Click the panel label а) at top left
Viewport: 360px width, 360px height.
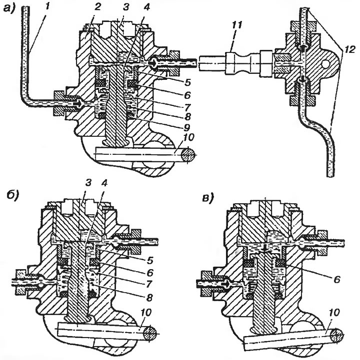[x=8, y=8]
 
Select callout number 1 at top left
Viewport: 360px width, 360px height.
[x=47, y=6]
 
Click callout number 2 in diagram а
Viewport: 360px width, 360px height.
[x=97, y=7]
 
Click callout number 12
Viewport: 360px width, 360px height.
[x=349, y=49]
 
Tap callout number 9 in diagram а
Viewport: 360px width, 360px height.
[x=187, y=127]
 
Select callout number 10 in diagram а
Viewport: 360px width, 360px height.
[x=188, y=137]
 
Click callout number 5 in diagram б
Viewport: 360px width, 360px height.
[x=149, y=260]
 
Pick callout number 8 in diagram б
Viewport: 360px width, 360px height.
[x=149, y=298]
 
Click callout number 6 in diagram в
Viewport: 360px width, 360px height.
[x=336, y=280]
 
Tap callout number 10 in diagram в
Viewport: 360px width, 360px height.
[x=334, y=313]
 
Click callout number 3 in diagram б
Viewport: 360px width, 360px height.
[x=88, y=183]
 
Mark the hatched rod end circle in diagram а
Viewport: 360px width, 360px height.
[x=188, y=154]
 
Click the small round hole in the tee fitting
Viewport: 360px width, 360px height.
[x=325, y=64]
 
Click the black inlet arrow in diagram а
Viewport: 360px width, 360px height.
[x=77, y=104]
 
